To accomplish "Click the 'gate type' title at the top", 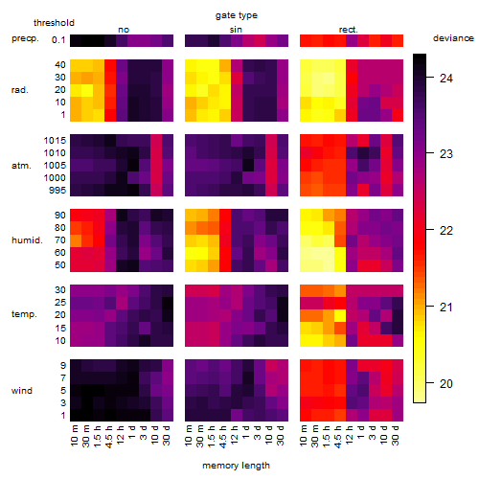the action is coord(237,15).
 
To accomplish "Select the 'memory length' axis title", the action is coord(236,466).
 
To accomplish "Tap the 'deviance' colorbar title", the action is coord(453,38).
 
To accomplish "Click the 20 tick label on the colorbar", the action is coord(446,383).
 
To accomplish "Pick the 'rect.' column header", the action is coord(348,30).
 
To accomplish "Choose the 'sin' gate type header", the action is coord(236,30).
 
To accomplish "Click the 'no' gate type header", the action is coord(124,30).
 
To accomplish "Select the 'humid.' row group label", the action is coord(27,240).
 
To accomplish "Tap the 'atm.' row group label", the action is coord(21,166).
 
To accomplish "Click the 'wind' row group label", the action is coord(22,391).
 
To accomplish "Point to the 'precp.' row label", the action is coord(25,38).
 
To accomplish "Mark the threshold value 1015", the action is coord(55,141).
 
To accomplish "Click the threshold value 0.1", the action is coord(58,40).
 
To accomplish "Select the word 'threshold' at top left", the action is coord(54,23).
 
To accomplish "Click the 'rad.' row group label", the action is coord(20,90).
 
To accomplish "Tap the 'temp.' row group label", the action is coord(24,314).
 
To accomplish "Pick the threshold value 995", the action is coord(57,191).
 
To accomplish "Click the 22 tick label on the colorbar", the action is coord(446,231).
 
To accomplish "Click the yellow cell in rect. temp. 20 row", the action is coord(340,315).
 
